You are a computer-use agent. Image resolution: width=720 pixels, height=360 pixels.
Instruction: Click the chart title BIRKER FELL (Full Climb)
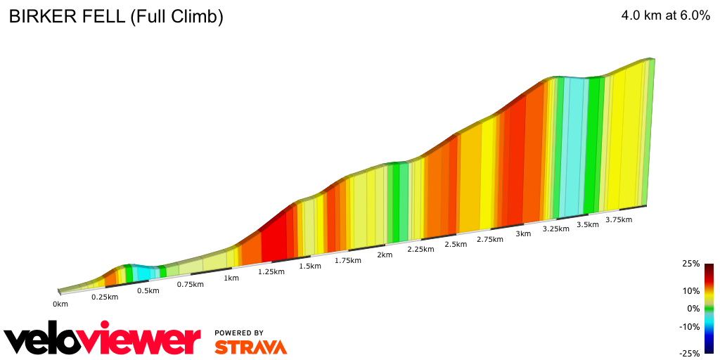coord(116,18)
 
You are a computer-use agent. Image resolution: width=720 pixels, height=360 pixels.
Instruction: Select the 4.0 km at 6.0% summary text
coord(666,17)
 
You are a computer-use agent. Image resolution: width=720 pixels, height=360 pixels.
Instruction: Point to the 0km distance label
coord(60,304)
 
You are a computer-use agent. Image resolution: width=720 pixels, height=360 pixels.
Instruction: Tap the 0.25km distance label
coord(105,297)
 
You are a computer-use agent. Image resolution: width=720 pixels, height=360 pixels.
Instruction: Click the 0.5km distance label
coord(148,290)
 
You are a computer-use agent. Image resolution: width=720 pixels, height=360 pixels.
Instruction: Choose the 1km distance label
coord(231,278)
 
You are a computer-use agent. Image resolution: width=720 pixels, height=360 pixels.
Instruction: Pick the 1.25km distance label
coord(271,271)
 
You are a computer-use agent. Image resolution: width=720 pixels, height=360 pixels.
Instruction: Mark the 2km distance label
coord(385,255)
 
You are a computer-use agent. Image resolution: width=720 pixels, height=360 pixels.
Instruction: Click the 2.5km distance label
coord(456,244)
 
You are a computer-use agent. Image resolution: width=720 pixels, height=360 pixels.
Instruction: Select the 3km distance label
coord(523,234)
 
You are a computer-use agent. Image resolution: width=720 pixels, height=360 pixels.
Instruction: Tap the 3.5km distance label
coord(588,224)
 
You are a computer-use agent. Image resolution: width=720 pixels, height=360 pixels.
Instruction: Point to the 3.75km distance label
coord(619,219)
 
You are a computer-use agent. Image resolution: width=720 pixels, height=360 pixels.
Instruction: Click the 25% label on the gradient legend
coord(691,264)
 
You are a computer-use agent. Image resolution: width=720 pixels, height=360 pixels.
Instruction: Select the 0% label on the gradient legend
coord(693,309)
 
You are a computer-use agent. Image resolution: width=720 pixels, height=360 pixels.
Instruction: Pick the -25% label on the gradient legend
coord(690,354)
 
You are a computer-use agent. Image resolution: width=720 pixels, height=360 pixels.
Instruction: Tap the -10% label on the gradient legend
coord(690,326)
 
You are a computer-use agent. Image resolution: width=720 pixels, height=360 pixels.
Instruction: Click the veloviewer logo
coord(103,340)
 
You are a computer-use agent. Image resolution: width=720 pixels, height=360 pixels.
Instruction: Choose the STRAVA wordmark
coord(250,347)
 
